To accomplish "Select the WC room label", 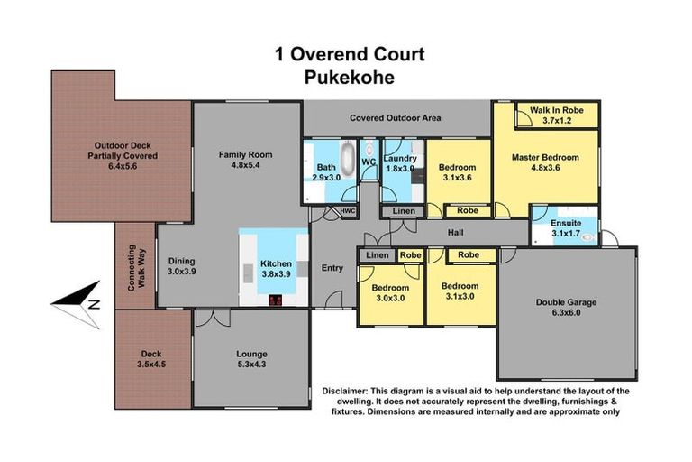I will (368, 162).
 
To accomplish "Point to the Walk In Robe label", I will (556, 110).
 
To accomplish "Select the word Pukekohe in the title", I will (350, 77).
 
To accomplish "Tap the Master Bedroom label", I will (545, 157).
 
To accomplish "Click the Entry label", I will (332, 267).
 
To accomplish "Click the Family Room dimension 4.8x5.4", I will (245, 166).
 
